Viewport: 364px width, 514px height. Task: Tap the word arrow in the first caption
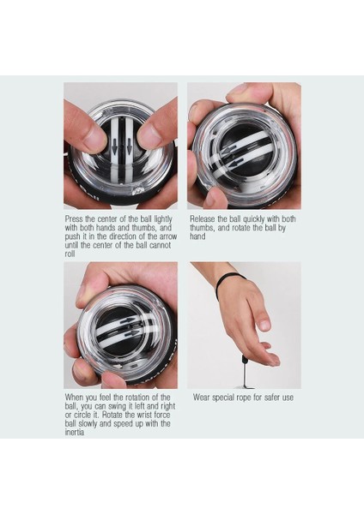point(168,236)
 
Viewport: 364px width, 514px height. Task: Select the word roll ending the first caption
point(70,254)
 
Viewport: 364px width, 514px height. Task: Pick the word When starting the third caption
point(74,397)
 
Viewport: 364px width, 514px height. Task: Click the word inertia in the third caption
point(74,432)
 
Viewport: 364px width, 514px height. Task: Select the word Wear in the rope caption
point(202,397)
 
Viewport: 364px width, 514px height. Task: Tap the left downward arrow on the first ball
point(114,146)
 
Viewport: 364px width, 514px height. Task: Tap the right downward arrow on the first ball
point(129,146)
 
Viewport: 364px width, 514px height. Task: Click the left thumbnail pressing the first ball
point(94,139)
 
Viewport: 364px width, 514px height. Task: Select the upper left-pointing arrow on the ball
point(229,149)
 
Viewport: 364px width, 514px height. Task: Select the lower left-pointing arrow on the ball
point(235,162)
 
